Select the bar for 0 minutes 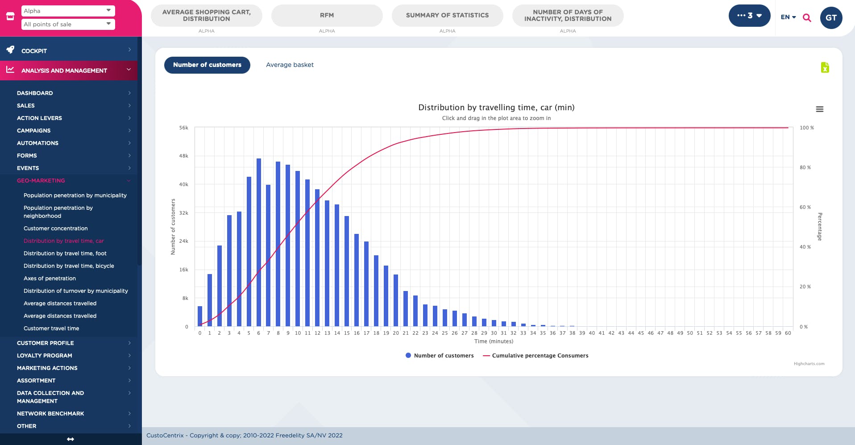point(200,316)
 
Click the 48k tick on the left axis point(183,156)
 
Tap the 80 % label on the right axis point(805,168)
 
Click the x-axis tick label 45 point(641,333)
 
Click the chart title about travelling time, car point(496,108)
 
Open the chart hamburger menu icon point(819,109)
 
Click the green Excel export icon point(825,67)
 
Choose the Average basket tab point(290,65)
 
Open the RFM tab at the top point(327,16)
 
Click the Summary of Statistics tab point(447,16)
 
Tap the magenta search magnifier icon point(807,18)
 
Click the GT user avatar point(831,18)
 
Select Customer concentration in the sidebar point(56,229)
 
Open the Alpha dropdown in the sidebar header point(68,11)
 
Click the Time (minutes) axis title point(494,341)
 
